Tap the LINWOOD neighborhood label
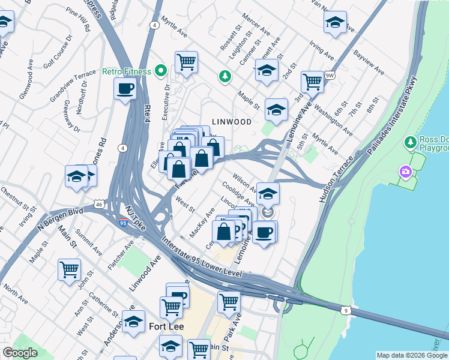(231, 122)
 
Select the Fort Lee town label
(166, 327)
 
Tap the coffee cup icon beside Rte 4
(125, 89)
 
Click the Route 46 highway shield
(98, 205)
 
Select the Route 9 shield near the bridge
(345, 310)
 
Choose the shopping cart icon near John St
(69, 269)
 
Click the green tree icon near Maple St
(225, 76)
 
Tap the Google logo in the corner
(20, 353)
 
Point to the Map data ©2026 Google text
(411, 355)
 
